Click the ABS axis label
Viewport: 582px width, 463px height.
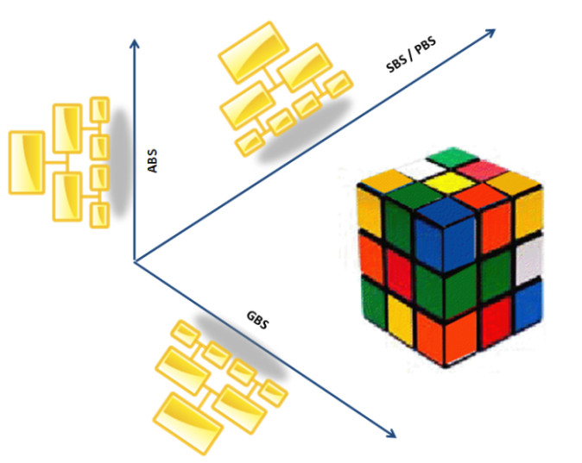(153, 161)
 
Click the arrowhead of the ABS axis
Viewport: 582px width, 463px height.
(134, 42)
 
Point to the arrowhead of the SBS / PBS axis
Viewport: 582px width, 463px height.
(491, 33)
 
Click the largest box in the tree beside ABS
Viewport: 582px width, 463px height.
(26, 162)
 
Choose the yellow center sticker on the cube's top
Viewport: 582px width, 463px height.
(448, 183)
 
